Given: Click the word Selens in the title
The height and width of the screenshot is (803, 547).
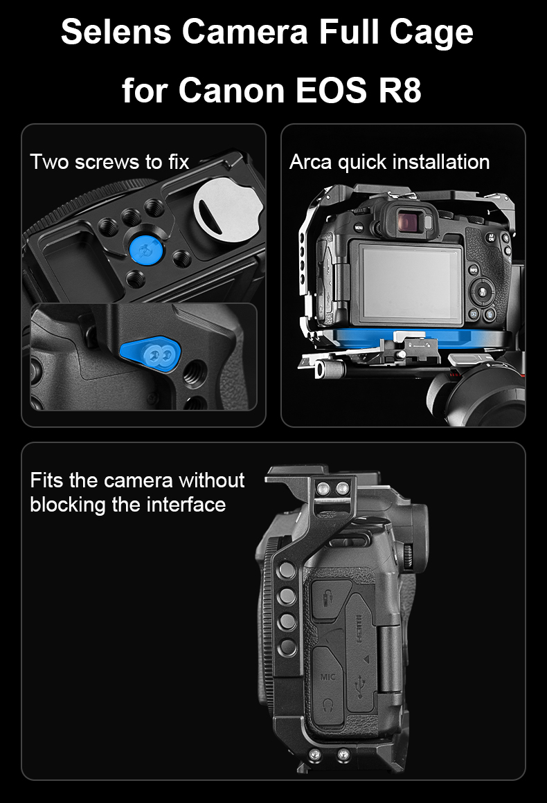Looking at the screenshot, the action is pyautogui.click(x=116, y=32).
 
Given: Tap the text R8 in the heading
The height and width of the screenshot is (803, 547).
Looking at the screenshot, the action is pyautogui.click(x=400, y=90).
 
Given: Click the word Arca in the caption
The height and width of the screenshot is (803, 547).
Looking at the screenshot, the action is pyautogui.click(x=310, y=162).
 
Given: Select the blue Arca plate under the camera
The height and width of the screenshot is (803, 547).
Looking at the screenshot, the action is pyautogui.click(x=420, y=339).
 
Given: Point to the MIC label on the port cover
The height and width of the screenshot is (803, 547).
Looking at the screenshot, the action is pyautogui.click(x=328, y=677).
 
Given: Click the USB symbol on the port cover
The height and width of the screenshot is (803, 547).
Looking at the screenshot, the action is pyautogui.click(x=361, y=686).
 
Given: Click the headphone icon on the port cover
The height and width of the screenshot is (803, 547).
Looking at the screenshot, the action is pyautogui.click(x=328, y=705).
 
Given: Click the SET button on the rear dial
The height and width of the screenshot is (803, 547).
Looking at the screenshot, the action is pyautogui.click(x=482, y=292).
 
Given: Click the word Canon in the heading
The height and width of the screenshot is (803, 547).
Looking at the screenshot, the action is pyautogui.click(x=232, y=90).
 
